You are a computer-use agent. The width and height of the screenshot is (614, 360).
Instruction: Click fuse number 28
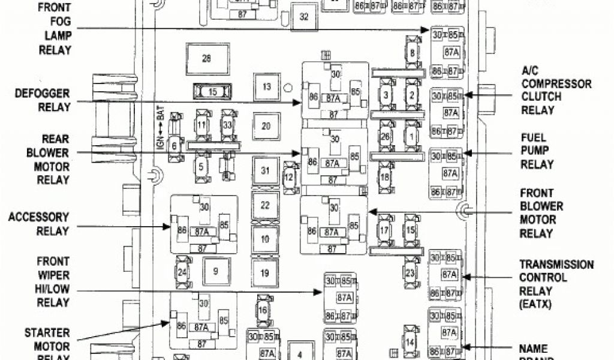(x=206, y=59)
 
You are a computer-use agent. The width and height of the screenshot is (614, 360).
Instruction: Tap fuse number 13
(x=267, y=86)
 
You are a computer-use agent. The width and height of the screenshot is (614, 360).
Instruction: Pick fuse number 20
(x=266, y=126)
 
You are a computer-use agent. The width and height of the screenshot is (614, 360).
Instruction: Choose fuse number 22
(x=265, y=205)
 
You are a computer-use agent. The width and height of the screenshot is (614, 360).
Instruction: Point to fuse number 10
(x=264, y=239)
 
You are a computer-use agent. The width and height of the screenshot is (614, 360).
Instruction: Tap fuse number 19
(x=264, y=273)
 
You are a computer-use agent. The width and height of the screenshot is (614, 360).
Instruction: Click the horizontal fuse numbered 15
(x=212, y=92)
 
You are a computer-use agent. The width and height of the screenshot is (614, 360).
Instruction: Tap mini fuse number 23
(x=410, y=274)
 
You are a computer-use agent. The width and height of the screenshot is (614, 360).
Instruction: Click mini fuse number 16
(x=263, y=310)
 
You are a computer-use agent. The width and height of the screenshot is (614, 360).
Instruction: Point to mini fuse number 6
(x=174, y=145)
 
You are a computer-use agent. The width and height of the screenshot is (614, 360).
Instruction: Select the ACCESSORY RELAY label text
(x=38, y=224)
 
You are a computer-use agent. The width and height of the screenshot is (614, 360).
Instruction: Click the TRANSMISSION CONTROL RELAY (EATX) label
(x=556, y=284)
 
